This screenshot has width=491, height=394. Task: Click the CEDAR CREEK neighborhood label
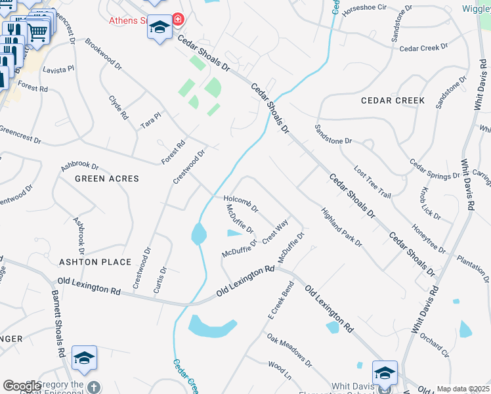(393, 100)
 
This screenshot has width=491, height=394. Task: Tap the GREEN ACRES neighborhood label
(107, 179)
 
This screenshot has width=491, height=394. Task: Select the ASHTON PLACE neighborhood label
(96, 262)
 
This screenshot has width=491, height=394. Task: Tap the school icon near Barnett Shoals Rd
(84, 358)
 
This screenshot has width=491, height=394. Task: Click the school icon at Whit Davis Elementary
(385, 373)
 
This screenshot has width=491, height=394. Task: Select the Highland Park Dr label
(341, 227)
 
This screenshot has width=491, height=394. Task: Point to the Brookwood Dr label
(104, 53)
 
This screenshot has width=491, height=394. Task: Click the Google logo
(22, 386)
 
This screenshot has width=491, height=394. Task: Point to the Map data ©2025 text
(462, 389)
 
